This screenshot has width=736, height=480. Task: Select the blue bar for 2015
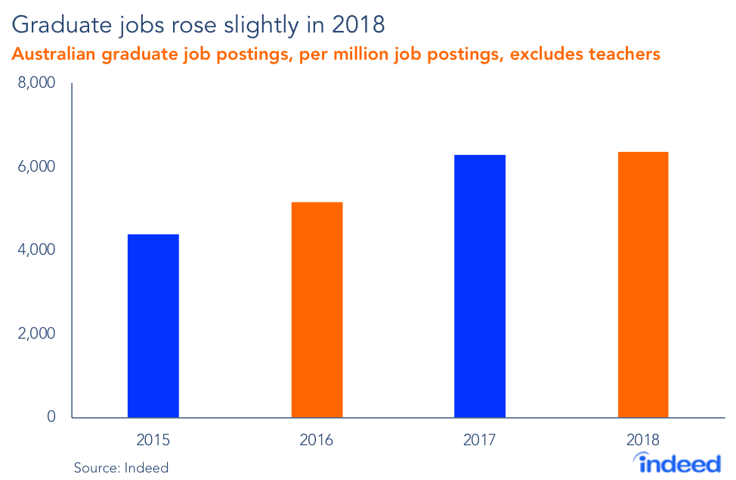point(153,326)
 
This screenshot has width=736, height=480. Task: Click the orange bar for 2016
point(317,310)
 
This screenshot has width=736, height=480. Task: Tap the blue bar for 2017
point(480,286)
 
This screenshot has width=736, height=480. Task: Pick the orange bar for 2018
point(643,285)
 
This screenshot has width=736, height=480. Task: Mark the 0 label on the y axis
point(51,417)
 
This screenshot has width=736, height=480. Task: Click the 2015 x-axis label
point(153,440)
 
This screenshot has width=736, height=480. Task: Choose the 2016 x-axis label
point(317,440)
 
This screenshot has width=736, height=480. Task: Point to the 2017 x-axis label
point(480,440)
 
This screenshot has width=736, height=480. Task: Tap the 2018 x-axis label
point(643,440)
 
